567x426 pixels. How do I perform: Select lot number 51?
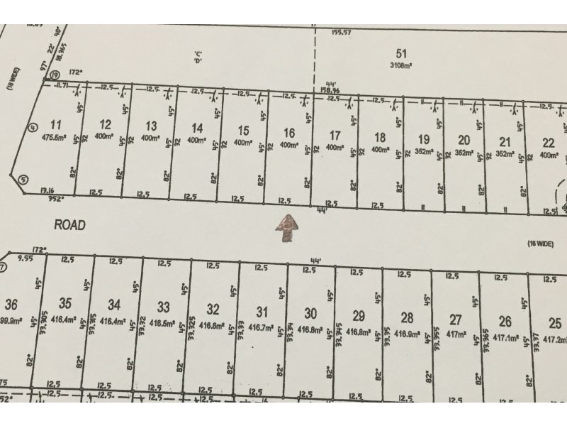click(x=403, y=53)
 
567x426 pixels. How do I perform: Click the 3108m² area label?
click(x=403, y=65)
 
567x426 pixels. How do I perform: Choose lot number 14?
click(x=198, y=128)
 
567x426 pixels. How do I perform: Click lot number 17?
click(x=335, y=136)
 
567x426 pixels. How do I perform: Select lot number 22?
click(x=548, y=141)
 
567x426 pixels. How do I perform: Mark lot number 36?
click(x=11, y=305)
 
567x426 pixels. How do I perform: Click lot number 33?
click(x=164, y=307)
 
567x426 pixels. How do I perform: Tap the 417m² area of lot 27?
click(x=456, y=334)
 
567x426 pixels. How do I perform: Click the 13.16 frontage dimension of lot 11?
click(x=48, y=190)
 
